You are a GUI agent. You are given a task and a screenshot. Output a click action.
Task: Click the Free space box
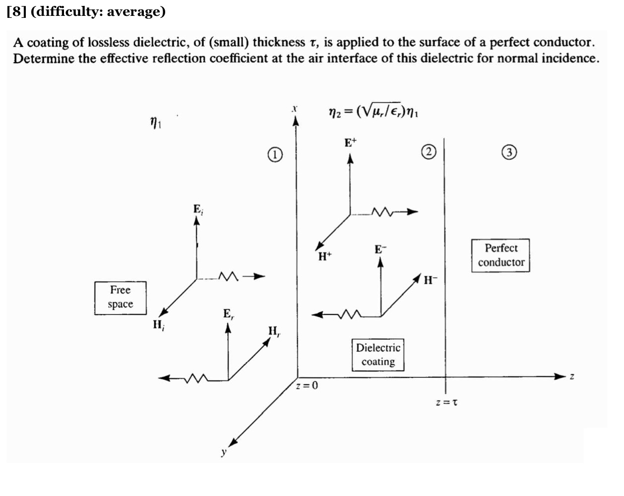[x=121, y=298]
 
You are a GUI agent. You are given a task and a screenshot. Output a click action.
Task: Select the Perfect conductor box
[x=500, y=255]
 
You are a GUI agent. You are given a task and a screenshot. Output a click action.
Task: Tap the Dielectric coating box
[x=378, y=355]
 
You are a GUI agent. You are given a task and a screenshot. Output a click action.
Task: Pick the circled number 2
[x=429, y=152]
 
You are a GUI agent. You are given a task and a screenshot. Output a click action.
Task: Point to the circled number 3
[x=509, y=152]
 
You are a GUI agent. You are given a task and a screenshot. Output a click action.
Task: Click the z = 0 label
[x=307, y=385]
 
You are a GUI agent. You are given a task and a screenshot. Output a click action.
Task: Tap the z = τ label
[x=446, y=402]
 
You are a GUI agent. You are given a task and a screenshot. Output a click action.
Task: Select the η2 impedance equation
[x=374, y=113]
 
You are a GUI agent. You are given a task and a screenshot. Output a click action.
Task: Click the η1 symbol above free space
[x=156, y=121]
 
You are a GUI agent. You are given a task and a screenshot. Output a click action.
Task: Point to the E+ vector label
[x=350, y=143]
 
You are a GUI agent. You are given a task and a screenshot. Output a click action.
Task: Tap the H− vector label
[x=431, y=280]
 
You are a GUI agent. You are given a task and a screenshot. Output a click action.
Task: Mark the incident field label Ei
[x=198, y=210]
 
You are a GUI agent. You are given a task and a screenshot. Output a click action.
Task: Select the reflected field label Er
[x=228, y=314]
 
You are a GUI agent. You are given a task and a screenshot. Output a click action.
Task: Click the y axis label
[x=224, y=452]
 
